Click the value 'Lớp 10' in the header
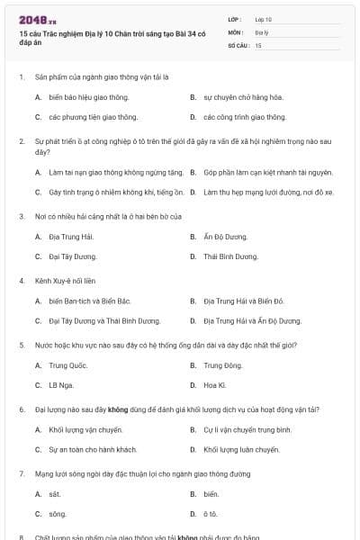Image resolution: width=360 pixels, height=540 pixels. click(x=264, y=19)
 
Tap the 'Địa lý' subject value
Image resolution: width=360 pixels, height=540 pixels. click(x=262, y=31)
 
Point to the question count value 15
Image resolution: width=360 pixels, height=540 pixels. click(x=258, y=44)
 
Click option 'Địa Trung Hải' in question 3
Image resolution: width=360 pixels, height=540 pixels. click(x=71, y=237)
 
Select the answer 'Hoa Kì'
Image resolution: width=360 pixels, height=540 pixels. click(x=215, y=385)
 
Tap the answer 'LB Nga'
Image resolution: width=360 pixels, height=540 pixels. click(x=60, y=385)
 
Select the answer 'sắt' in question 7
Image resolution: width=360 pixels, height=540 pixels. click(x=55, y=494)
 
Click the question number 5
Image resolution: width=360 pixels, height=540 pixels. click(x=22, y=345)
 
